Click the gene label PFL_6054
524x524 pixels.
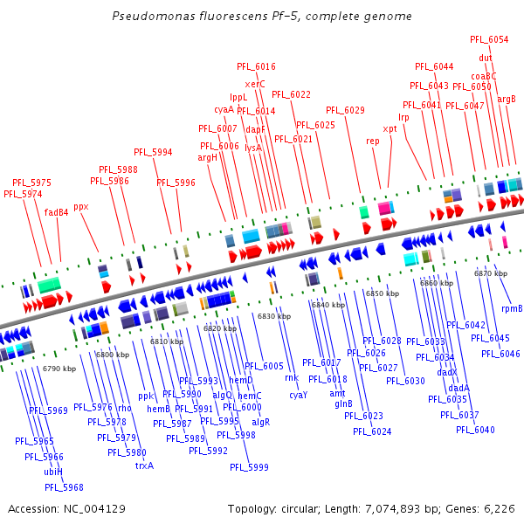[x=489, y=39]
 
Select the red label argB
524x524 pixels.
[x=507, y=99]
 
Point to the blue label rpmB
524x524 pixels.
[x=512, y=308]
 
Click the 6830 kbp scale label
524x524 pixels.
[x=273, y=316]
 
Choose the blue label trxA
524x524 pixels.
[x=144, y=465]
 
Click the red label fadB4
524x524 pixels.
[x=57, y=211]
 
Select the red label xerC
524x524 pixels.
[x=255, y=84]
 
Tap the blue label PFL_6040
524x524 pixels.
[x=475, y=430]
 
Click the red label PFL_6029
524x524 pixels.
[x=345, y=110]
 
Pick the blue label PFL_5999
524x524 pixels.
[x=249, y=467]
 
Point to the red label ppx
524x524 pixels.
[x=81, y=207]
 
